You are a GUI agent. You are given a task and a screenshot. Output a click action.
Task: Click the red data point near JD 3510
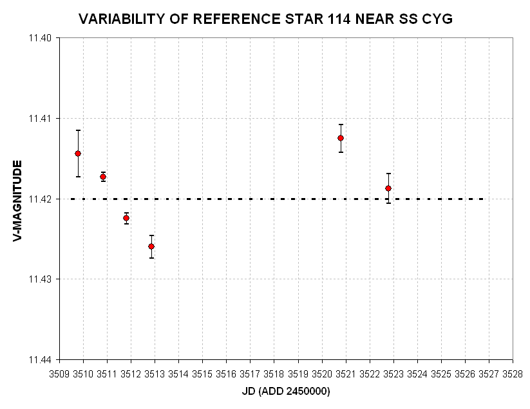78,154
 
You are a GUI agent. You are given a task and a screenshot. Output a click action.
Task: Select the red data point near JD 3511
103,177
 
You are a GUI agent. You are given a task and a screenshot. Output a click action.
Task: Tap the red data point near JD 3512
126,218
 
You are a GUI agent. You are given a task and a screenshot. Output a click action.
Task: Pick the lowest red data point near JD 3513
151,246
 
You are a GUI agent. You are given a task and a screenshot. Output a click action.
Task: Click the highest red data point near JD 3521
341,138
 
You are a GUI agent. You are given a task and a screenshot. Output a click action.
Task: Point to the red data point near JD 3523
388,188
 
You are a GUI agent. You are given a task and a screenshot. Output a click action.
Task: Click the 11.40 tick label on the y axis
40,38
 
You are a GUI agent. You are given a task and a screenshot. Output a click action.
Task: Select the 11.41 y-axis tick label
40,119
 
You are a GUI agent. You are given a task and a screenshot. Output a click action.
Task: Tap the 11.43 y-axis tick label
40,279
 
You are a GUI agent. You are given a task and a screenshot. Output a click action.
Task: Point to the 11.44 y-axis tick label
40,359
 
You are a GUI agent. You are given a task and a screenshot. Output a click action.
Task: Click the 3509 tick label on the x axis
59,374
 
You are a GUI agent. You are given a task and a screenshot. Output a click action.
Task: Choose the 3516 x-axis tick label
226,374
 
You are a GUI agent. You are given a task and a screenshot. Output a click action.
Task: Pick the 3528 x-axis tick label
513,374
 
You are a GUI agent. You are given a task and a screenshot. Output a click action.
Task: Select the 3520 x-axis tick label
322,374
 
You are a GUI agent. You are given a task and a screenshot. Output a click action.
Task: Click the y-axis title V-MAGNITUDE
17,201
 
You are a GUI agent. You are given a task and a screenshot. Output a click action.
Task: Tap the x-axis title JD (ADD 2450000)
286,392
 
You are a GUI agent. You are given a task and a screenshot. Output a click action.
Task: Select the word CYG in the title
437,19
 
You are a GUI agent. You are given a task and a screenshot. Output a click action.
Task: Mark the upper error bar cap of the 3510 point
78,130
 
